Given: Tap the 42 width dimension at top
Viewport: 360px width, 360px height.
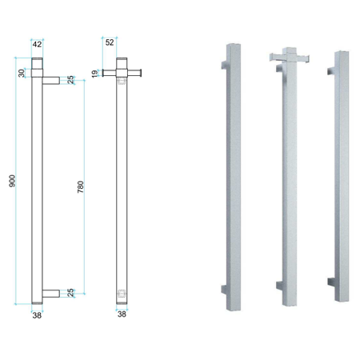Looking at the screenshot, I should pos(37,45).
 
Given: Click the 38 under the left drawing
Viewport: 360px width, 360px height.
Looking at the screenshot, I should pos(37,314).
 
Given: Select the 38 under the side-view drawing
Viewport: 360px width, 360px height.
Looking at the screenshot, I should pos(122,314).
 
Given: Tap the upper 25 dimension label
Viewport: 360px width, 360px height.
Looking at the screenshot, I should pos(71,79).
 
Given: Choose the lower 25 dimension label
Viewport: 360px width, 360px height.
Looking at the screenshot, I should pos(71,293).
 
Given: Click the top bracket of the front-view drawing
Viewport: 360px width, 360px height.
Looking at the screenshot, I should pos(50,79).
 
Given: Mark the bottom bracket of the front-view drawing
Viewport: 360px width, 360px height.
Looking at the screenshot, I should pos(50,293).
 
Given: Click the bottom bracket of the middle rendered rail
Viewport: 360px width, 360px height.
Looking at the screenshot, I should pos(278,285).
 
